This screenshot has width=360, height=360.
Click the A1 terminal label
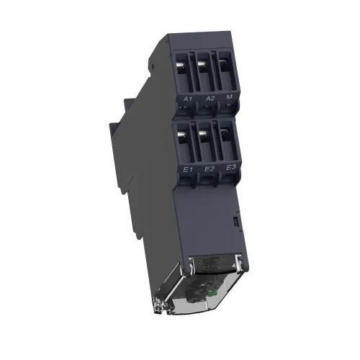[188, 99]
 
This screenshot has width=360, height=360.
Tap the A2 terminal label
[210, 98]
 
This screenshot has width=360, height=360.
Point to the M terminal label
[230, 96]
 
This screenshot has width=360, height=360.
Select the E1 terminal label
[188, 170]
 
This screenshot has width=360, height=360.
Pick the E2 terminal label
[210, 168]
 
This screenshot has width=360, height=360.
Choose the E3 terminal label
[231, 167]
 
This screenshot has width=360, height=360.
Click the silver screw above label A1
[181, 66]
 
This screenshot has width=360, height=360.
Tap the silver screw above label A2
[202, 64]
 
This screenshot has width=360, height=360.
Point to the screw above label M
[223, 62]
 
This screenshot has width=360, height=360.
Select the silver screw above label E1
[182, 135]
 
